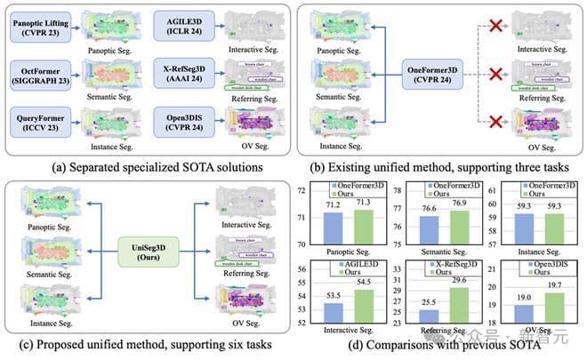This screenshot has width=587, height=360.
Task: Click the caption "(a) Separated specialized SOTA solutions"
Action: coord(147,167)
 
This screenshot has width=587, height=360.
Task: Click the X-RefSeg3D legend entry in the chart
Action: coord(441,268)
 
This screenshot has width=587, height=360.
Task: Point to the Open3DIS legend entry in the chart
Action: coord(541,268)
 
